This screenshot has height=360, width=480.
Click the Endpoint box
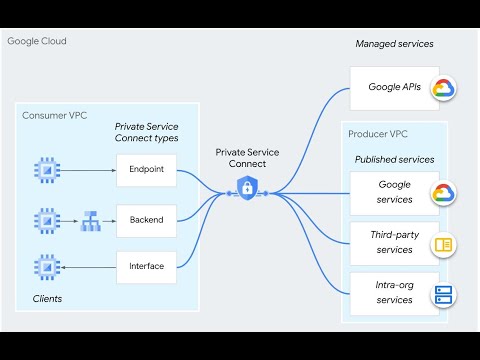(x=146, y=170)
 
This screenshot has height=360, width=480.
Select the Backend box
(x=146, y=218)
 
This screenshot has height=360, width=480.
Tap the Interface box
(x=146, y=266)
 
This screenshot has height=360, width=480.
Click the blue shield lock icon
(x=245, y=187)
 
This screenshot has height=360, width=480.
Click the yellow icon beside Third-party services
(x=443, y=244)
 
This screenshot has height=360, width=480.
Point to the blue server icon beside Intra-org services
(x=443, y=294)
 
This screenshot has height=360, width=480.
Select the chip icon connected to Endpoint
(x=45, y=170)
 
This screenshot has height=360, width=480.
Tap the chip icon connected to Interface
(x=45, y=266)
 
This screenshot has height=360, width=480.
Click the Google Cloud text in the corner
(x=37, y=42)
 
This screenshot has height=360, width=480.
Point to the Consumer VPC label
(x=55, y=116)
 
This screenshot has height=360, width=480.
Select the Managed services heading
(x=395, y=44)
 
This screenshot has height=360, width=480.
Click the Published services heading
(x=394, y=159)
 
